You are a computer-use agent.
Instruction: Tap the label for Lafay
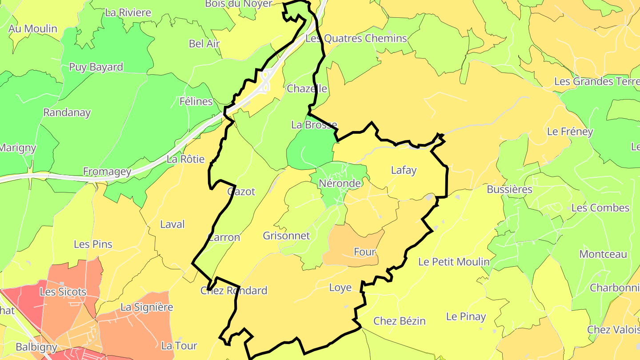(x=404, y=170)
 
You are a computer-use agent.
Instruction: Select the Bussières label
(x=509, y=189)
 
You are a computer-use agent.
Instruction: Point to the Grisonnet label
(x=286, y=236)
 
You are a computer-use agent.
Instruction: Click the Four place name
(x=365, y=252)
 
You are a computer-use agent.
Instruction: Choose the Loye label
(x=340, y=288)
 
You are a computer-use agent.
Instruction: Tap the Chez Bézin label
(x=399, y=321)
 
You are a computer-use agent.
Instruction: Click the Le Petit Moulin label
(x=454, y=262)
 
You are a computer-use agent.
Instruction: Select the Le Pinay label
(x=466, y=316)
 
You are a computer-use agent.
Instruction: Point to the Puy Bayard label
(x=96, y=67)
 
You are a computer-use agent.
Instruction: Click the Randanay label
(x=67, y=112)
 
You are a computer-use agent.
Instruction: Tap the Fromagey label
(x=107, y=172)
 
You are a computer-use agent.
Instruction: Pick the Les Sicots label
(x=63, y=292)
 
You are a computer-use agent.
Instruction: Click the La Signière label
(x=147, y=307)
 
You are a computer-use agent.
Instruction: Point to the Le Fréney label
(x=570, y=132)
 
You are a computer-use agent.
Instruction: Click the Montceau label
(x=603, y=254)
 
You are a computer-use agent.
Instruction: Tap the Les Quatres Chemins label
(x=356, y=38)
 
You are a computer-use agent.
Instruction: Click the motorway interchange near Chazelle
(x=265, y=83)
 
